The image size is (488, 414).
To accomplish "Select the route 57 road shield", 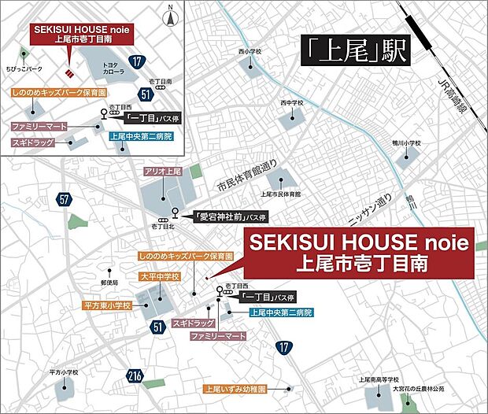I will click(64, 201).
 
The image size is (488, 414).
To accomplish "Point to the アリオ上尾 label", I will click(165, 171).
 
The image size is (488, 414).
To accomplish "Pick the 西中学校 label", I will click(291, 102).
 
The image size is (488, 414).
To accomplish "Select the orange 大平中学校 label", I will click(160, 277).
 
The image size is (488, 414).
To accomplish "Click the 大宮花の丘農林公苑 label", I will click(416, 389).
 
